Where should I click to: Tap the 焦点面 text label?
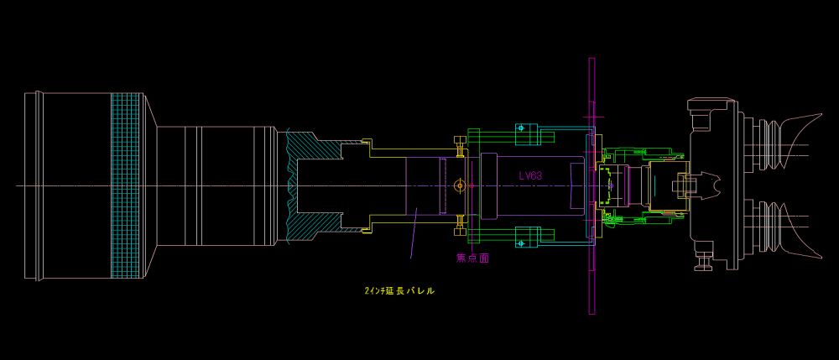click(x=472, y=258)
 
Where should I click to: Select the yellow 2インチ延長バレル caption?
click(x=399, y=291)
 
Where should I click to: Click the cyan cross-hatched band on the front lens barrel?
click(x=127, y=185)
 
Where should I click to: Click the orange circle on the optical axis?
click(x=459, y=185)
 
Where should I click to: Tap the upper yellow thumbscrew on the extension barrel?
click(x=460, y=145)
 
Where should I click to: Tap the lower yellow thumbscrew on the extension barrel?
click(x=460, y=225)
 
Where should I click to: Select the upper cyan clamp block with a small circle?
click(x=526, y=133)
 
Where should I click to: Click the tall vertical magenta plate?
click(x=591, y=185)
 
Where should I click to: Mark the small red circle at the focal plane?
click(x=472, y=185)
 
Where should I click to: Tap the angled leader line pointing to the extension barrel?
click(x=414, y=234)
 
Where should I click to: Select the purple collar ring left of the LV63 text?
click(x=489, y=185)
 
